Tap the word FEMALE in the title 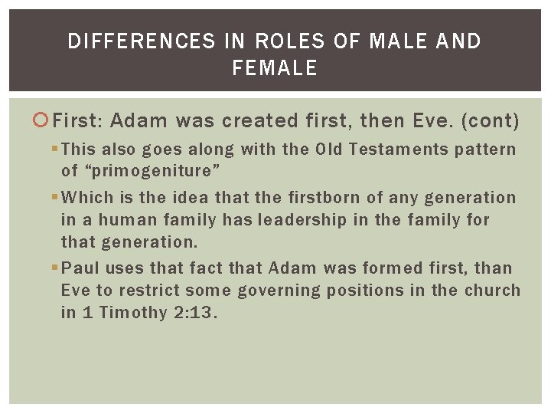(x=275, y=68)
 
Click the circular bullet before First (x=43, y=120)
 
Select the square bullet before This (x=56, y=149)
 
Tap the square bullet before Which (x=56, y=198)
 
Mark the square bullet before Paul (x=56, y=268)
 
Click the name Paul (x=80, y=268)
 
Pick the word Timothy (x=133, y=313)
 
